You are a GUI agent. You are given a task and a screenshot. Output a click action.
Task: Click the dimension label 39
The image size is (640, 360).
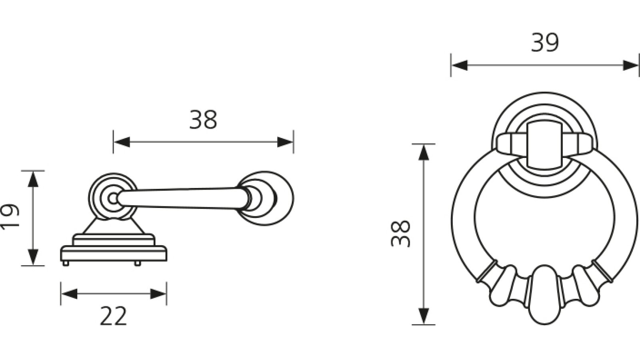[x=544, y=43]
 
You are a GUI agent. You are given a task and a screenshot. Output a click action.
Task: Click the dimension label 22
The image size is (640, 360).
[x=113, y=316]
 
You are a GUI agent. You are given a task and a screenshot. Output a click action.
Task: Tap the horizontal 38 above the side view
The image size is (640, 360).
[x=203, y=120]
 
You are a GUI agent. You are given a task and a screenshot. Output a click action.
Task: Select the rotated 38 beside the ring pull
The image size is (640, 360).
[x=401, y=234]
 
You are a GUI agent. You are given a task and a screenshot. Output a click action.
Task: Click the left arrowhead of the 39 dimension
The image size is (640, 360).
[x=459, y=66]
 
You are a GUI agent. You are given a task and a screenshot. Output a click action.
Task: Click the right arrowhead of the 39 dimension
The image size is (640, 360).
[x=631, y=66]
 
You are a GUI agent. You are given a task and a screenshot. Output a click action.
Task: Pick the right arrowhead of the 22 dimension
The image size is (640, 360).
[x=158, y=294]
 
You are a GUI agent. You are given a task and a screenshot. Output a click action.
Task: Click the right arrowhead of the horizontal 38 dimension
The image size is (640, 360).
[x=286, y=142]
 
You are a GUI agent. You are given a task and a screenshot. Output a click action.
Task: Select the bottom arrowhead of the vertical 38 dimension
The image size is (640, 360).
[x=424, y=316]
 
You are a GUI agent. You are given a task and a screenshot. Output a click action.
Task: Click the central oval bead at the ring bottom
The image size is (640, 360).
[x=544, y=294]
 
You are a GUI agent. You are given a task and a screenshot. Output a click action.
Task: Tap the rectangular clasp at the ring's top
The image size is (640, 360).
[x=543, y=145]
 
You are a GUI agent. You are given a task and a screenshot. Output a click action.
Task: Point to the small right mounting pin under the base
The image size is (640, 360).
[x=137, y=263]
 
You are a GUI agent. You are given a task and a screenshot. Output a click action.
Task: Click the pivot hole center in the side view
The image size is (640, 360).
[x=113, y=198]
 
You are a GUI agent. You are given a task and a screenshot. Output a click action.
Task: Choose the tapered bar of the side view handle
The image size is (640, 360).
[x=180, y=198]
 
